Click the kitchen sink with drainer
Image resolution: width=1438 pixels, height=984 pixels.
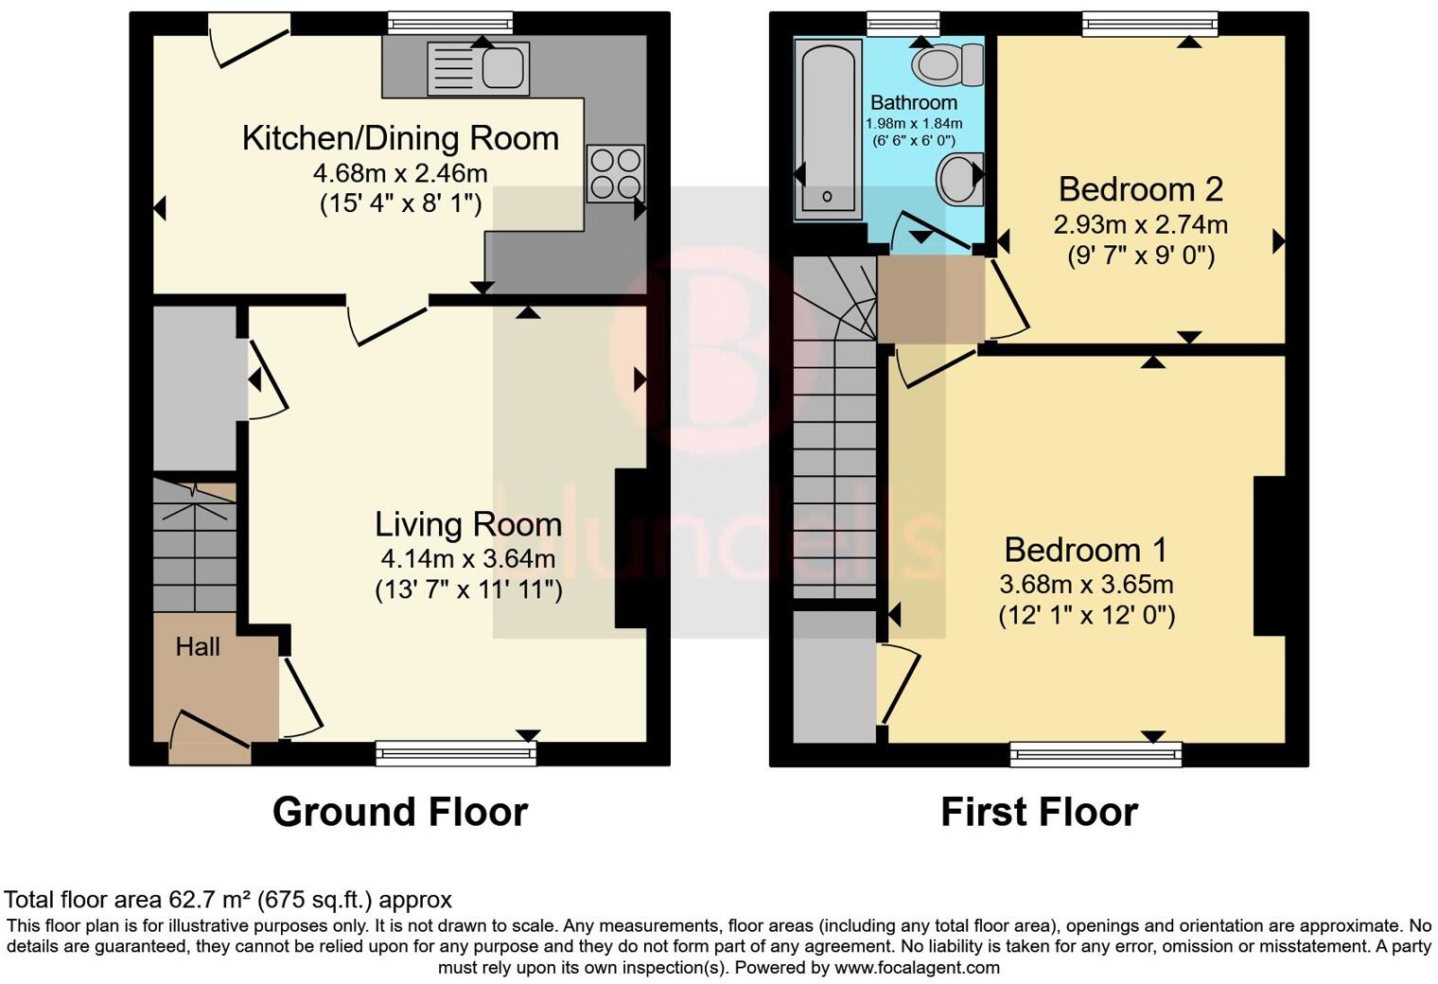pyautogui.click(x=478, y=68)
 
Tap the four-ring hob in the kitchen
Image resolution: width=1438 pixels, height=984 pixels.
pyautogui.click(x=616, y=173)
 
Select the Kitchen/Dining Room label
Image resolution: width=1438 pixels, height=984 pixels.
pyautogui.click(x=400, y=138)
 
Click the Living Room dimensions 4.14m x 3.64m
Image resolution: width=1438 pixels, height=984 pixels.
pyautogui.click(x=468, y=558)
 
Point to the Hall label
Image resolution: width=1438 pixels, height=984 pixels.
pyautogui.click(x=198, y=647)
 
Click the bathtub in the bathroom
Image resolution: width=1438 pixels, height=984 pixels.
pyautogui.click(x=828, y=130)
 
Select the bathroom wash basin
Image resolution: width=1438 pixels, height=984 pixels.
pyautogui.click(x=958, y=178)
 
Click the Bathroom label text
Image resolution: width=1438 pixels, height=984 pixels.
pyautogui.click(x=913, y=102)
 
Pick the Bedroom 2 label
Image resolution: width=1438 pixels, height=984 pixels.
pyautogui.click(x=1140, y=189)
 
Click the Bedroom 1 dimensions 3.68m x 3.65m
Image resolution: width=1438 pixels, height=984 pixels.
pyautogui.click(x=1086, y=584)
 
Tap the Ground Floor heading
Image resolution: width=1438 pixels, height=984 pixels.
pyautogui.click(x=399, y=812)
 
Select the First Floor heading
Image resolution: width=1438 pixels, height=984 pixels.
pyautogui.click(x=1039, y=812)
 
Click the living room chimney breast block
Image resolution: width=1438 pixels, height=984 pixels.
pyautogui.click(x=630, y=548)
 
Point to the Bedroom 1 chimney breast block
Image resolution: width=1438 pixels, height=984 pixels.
pyautogui.click(x=1269, y=555)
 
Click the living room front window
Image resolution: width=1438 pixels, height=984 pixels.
pyautogui.click(x=456, y=753)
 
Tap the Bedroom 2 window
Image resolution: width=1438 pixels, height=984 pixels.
pyautogui.click(x=1149, y=24)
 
